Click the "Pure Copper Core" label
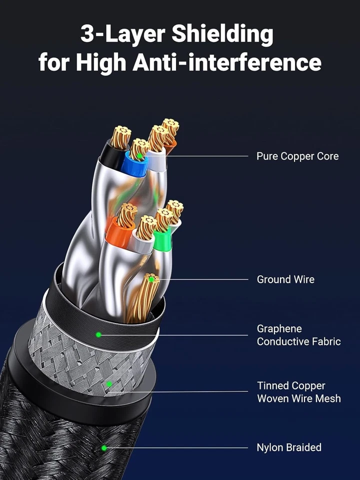click(297, 156)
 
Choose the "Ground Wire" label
click(285, 279)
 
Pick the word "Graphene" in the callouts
click(279, 328)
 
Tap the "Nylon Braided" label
click(289, 447)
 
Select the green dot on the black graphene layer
click(98, 334)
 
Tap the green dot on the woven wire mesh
click(109, 384)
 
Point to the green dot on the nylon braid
click(104, 447)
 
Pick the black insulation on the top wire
click(110, 155)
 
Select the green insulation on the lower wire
click(162, 241)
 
